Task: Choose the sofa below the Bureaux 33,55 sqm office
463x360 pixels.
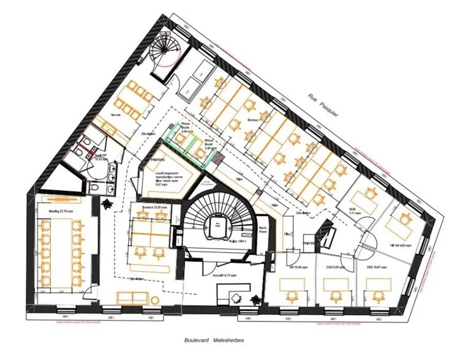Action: click(135, 298)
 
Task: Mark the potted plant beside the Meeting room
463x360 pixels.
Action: click(108, 203)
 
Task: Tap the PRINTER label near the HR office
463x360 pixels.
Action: click(309, 243)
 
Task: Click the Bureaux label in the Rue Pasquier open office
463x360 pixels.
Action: click(252, 120)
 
